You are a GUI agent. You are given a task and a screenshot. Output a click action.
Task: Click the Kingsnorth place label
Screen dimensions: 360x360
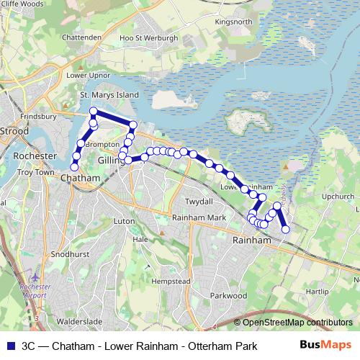[x=233, y=22]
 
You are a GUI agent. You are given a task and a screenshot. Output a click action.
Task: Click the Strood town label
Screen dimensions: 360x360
[x=14, y=132]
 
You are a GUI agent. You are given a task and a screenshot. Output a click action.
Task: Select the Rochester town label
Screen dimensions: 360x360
[x=35, y=156]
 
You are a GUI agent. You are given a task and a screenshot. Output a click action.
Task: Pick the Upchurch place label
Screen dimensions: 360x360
[x=338, y=195]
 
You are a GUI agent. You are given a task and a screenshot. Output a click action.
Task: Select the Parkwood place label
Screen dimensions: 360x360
[x=229, y=295]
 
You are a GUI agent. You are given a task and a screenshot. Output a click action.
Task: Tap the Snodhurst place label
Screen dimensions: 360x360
[x=67, y=255]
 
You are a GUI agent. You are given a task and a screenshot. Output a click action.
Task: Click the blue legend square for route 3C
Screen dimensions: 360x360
[x=9, y=346]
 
